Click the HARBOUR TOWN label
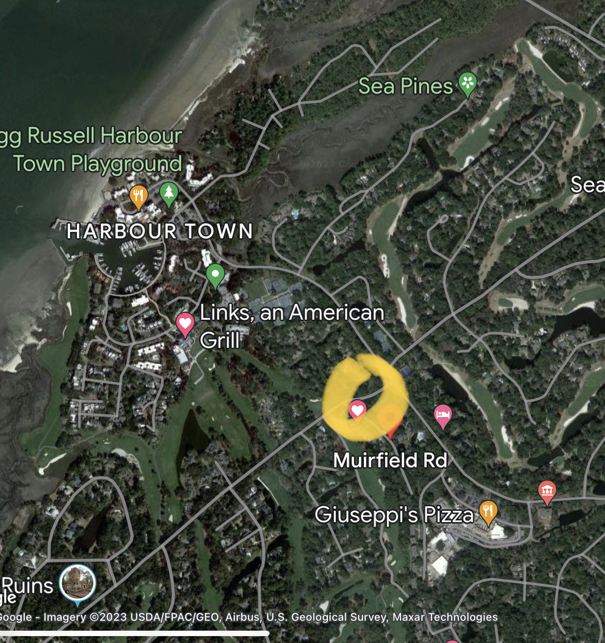pyautogui.click(x=160, y=231)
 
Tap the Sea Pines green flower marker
pyautogui.click(x=467, y=83)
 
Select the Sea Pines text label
pyautogui.click(x=405, y=86)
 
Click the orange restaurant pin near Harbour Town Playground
pyautogui.click(x=139, y=195)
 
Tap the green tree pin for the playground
pyautogui.click(x=169, y=192)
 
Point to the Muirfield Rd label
pyautogui.click(x=390, y=460)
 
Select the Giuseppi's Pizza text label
pyautogui.click(x=394, y=515)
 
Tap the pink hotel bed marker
pyautogui.click(x=443, y=415)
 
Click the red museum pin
pyautogui.click(x=547, y=491)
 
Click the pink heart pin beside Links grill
pyautogui.click(x=185, y=324)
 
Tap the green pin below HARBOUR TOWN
pyautogui.click(x=215, y=274)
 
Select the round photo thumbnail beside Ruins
pyautogui.click(x=78, y=583)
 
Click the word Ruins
pyautogui.click(x=28, y=586)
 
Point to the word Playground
pyautogui.click(x=126, y=164)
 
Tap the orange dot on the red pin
pyautogui.click(x=390, y=417)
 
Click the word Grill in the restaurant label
pyautogui.click(x=220, y=340)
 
